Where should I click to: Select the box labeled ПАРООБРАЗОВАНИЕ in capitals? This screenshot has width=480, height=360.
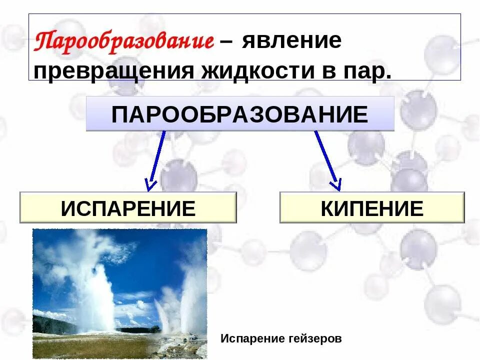(240, 114)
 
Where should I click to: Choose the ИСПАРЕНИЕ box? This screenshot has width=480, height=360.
(128, 207)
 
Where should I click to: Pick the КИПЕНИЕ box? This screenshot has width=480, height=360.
(372, 207)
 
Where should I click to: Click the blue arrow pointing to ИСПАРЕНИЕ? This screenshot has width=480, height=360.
(157, 160)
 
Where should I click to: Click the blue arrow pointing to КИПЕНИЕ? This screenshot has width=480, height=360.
(327, 160)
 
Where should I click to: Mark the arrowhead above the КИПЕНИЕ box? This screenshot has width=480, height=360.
(335, 184)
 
